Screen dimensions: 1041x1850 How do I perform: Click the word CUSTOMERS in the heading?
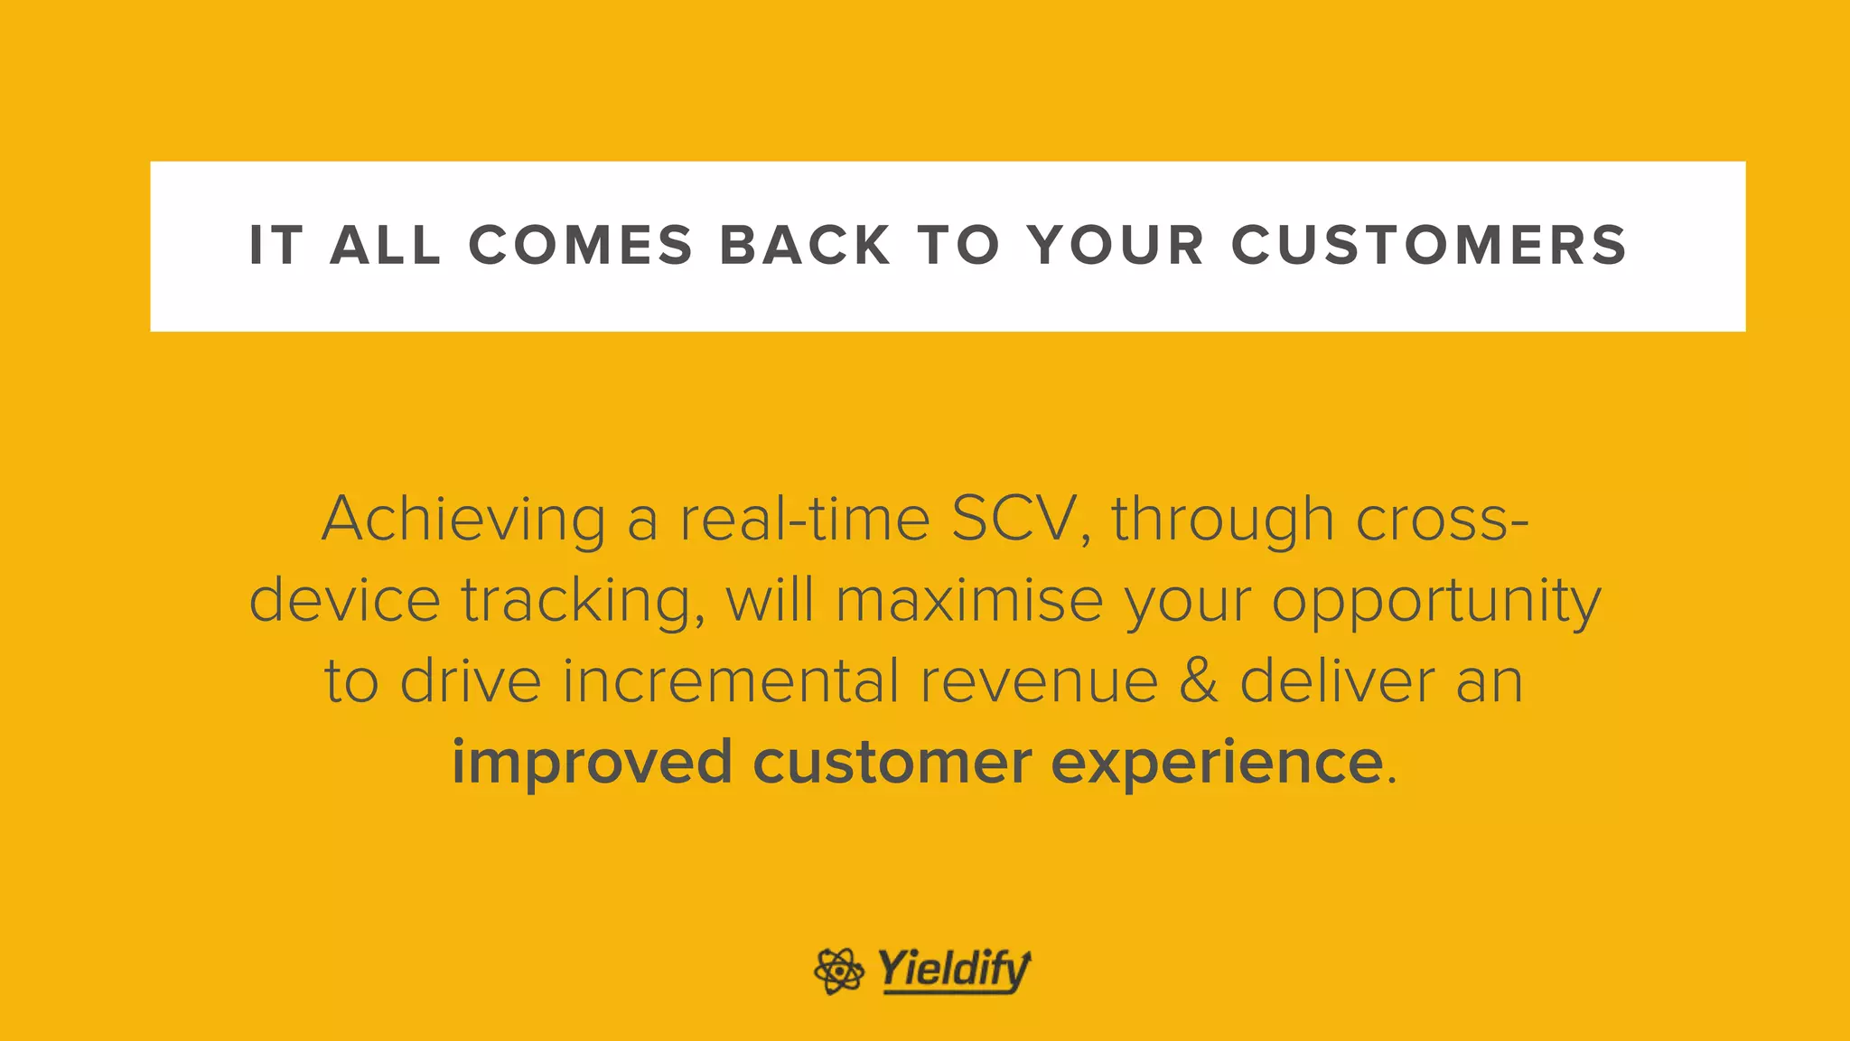tap(1429, 246)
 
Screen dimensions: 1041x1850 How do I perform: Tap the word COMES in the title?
tap(581, 246)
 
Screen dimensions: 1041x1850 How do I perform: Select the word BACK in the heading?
tap(805, 246)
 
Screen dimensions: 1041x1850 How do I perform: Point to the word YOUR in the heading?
tap(1117, 246)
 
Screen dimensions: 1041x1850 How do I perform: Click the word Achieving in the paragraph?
tap(463, 520)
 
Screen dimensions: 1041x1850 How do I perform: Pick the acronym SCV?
tap(1014, 519)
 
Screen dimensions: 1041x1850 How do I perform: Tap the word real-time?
tap(805, 519)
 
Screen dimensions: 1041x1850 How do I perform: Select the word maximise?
tap(969, 600)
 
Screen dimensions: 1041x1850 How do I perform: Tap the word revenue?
tap(1039, 682)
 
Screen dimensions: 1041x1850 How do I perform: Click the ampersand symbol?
tap(1199, 681)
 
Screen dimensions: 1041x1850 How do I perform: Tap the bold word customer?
tap(892, 763)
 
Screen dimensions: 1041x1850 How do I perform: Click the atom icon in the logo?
tap(838, 971)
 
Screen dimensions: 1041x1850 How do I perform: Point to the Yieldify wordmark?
tap(954, 971)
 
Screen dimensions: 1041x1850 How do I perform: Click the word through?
tap(1222, 520)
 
